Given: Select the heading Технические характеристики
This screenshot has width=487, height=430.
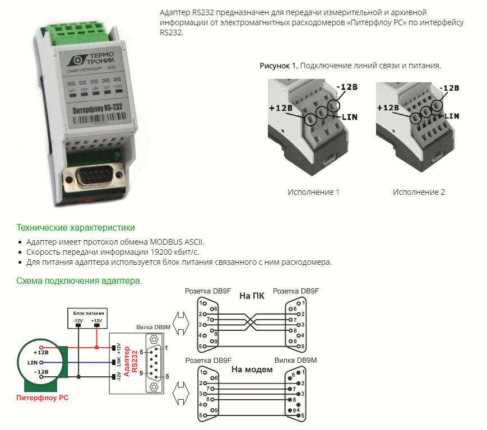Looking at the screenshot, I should [x=76, y=228].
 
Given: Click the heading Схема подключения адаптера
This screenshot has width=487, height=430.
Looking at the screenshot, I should [x=79, y=280].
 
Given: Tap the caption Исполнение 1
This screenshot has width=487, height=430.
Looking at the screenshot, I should [x=313, y=192].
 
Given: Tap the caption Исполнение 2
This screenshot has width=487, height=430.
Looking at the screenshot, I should [x=419, y=192].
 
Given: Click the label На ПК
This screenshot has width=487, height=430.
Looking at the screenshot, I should [x=252, y=296].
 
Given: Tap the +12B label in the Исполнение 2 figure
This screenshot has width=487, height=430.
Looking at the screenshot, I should [x=388, y=108].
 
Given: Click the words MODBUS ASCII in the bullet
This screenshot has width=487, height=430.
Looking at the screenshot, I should [x=177, y=242].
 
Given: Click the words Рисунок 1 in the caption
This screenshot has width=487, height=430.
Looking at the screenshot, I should [x=279, y=66].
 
